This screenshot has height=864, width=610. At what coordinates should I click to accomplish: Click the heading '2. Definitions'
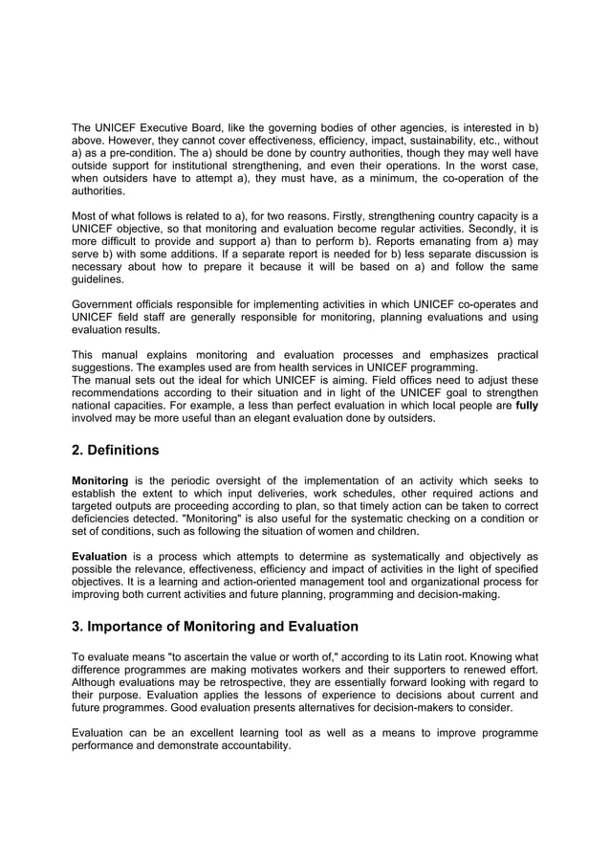pyautogui.click(x=116, y=450)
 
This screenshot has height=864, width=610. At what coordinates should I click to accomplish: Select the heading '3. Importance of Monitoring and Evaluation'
pyautogui.click(x=215, y=627)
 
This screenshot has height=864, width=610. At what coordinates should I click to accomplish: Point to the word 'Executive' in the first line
pyautogui.click(x=174, y=128)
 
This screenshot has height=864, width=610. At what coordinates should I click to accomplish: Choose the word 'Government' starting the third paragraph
pyautogui.click(x=106, y=304)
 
